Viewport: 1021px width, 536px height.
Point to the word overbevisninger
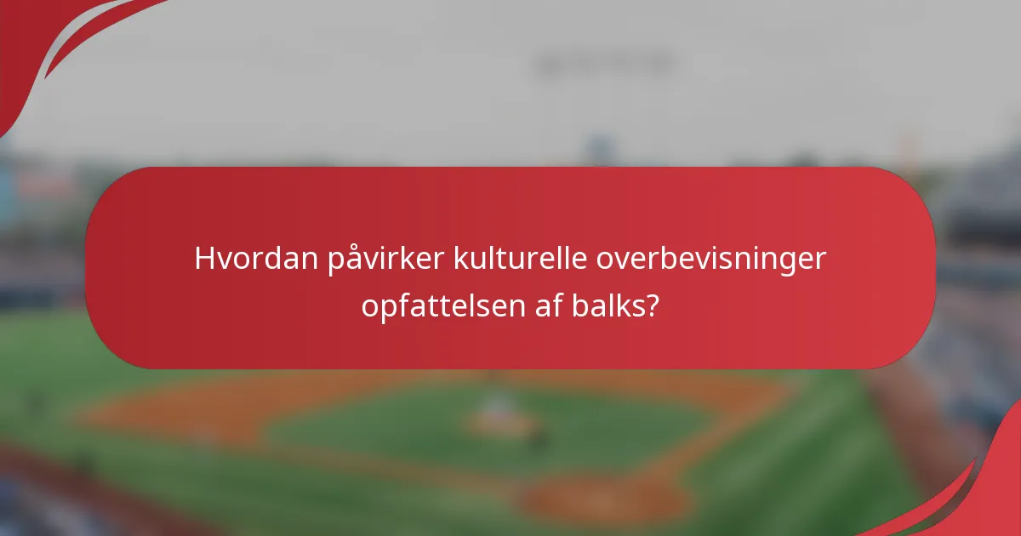(x=710, y=259)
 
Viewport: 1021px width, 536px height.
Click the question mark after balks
(x=651, y=305)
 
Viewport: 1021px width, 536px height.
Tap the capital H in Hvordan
(x=204, y=259)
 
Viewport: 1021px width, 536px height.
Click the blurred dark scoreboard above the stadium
(x=604, y=64)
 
